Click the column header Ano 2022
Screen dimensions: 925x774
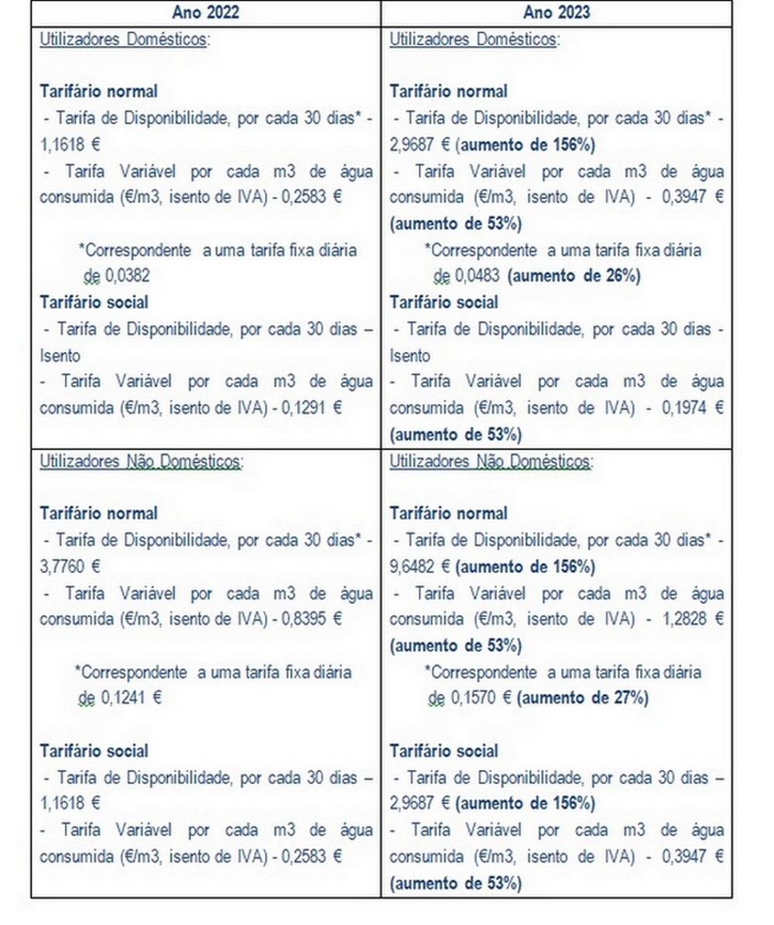(x=206, y=12)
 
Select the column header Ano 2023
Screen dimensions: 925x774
(x=556, y=12)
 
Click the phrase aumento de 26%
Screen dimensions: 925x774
(x=574, y=276)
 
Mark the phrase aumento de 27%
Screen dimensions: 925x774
(x=582, y=698)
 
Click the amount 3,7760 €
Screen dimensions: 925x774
(x=70, y=566)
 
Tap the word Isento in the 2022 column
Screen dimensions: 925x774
(x=60, y=356)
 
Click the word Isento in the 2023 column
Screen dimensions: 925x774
(x=410, y=356)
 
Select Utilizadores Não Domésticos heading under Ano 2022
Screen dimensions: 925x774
(x=142, y=462)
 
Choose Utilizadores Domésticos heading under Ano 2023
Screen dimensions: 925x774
(x=474, y=39)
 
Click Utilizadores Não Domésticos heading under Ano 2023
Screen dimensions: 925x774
(x=491, y=462)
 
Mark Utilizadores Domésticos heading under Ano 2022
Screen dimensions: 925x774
(x=124, y=39)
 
